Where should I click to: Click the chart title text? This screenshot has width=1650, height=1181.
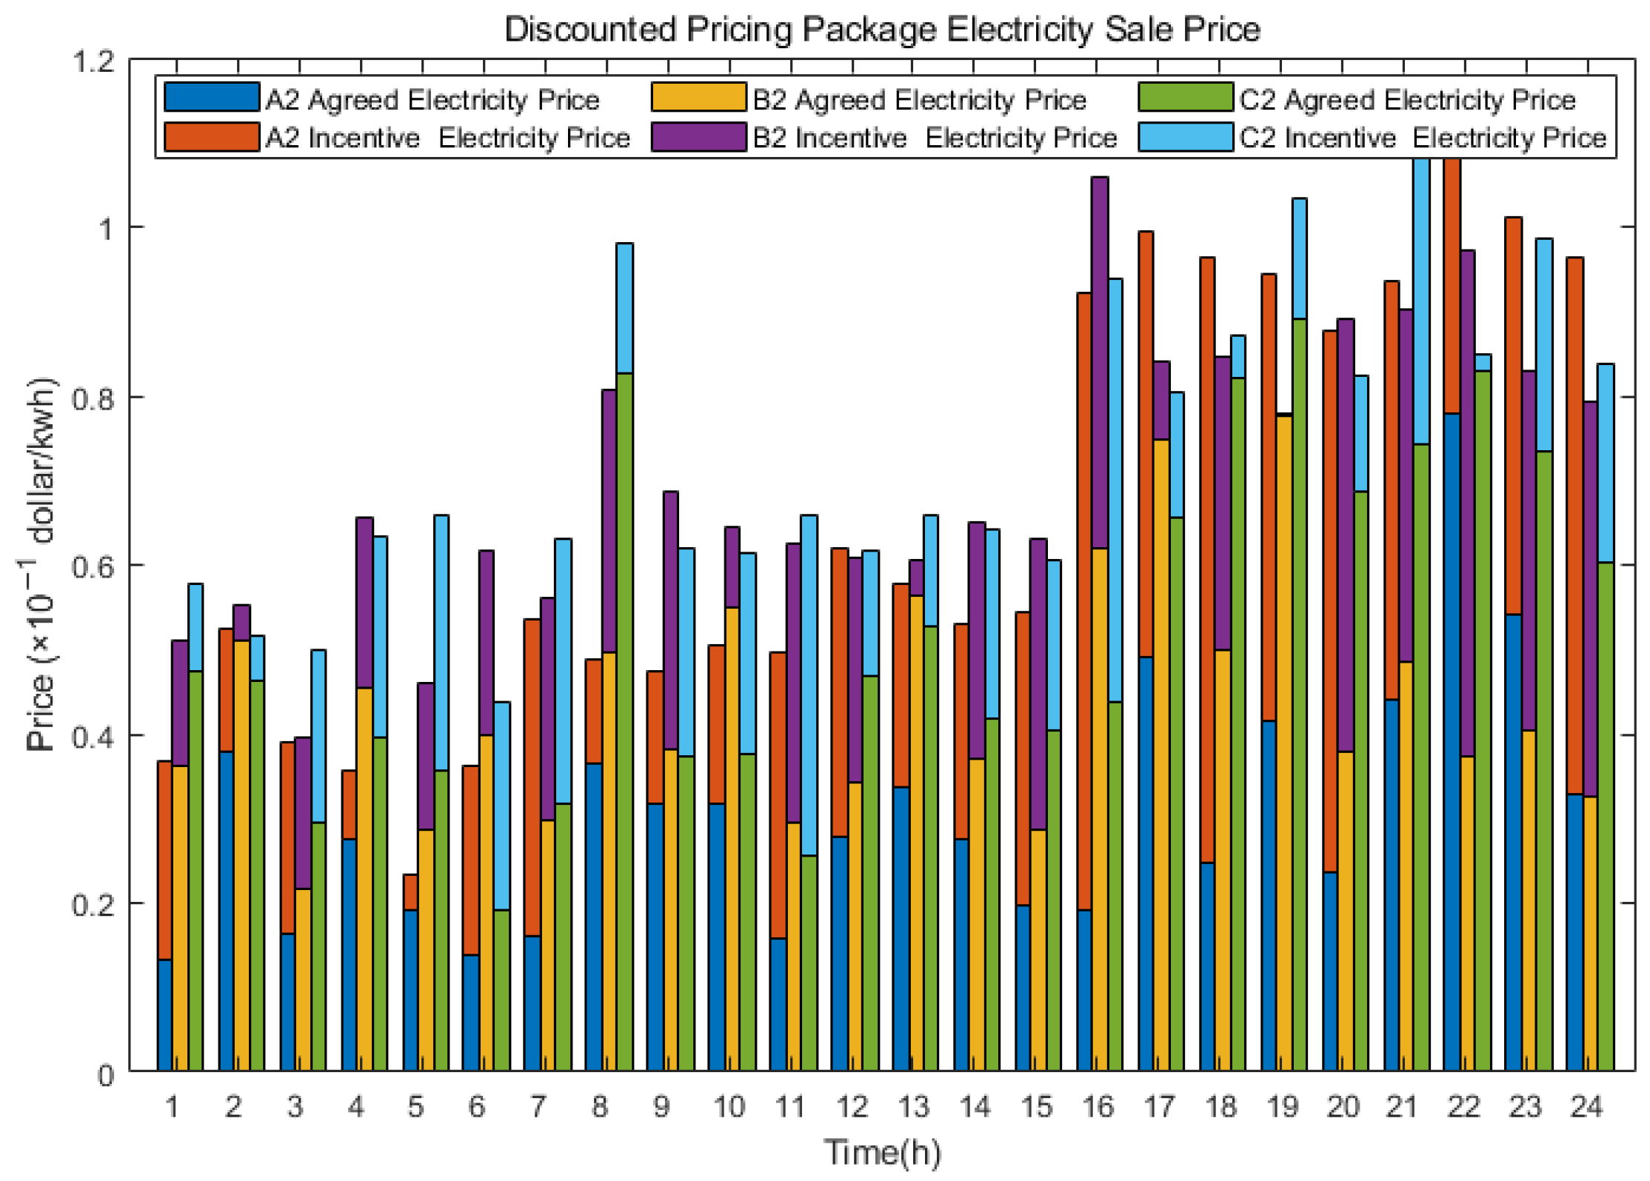(x=881, y=30)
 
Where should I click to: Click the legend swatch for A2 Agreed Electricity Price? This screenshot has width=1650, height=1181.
(x=211, y=97)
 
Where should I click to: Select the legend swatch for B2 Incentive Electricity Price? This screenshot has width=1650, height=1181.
(x=698, y=137)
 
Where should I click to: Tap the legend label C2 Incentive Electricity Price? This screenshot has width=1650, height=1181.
(x=1423, y=138)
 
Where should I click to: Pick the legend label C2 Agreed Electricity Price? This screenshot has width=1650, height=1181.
(x=1407, y=99)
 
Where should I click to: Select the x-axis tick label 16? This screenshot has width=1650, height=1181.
(x=1097, y=1107)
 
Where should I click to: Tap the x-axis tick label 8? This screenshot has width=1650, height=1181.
(x=599, y=1107)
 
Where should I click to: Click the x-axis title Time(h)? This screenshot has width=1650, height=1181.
(x=881, y=1153)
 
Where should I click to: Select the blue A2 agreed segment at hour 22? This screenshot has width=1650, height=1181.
(x=1452, y=740)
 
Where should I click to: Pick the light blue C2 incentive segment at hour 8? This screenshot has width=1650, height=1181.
(x=624, y=307)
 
